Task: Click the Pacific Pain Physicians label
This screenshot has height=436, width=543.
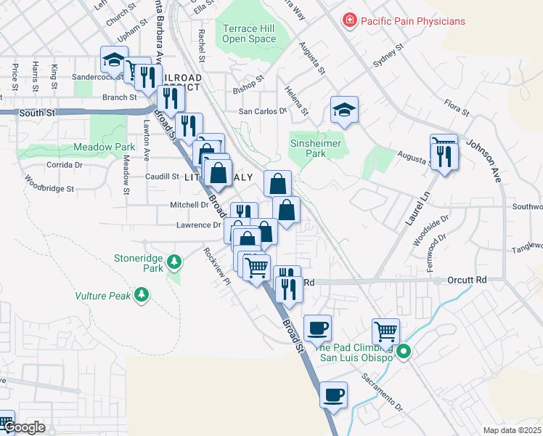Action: pyautogui.click(x=412, y=21)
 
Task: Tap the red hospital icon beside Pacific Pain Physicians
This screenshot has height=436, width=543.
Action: pyautogui.click(x=350, y=21)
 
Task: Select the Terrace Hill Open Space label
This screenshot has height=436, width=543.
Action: pyautogui.click(x=249, y=33)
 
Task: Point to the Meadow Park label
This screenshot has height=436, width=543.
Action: pyautogui.click(x=105, y=147)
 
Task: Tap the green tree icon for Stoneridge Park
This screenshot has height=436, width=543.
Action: pyautogui.click(x=173, y=260)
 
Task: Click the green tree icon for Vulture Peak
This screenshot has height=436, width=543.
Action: pyautogui.click(x=142, y=294)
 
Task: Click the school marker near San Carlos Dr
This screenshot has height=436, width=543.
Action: pyautogui.click(x=344, y=109)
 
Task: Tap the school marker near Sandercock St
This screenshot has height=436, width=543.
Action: pyautogui.click(x=114, y=59)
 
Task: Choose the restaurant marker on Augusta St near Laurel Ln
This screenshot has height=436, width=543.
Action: pyautogui.click(x=443, y=156)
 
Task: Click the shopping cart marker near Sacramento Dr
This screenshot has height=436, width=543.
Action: pyautogui.click(x=385, y=331)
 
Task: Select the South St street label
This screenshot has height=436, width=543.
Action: pyautogui.click(x=37, y=113)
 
